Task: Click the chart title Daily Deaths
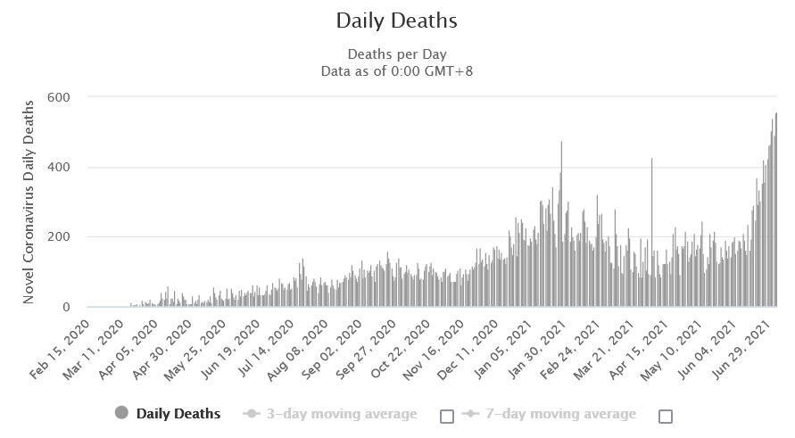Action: (396, 20)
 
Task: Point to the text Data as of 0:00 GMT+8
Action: (396, 70)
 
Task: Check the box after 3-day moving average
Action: (447, 416)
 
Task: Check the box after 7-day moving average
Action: (665, 416)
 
